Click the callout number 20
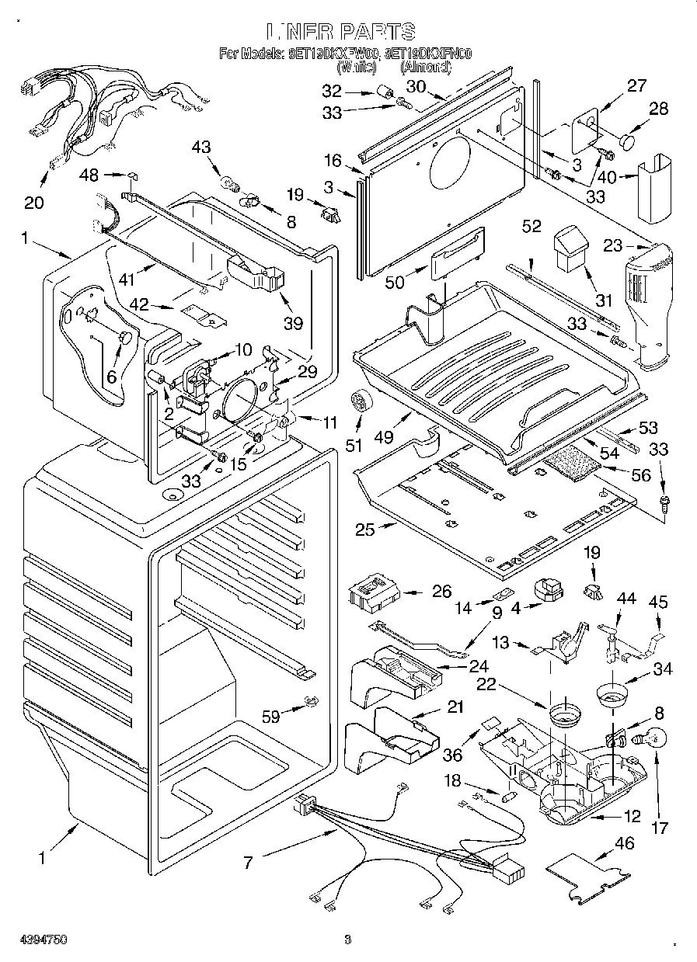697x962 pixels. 33,202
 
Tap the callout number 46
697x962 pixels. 624,843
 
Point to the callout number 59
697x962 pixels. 270,717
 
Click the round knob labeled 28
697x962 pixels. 628,142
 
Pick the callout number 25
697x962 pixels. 364,530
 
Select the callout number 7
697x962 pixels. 249,861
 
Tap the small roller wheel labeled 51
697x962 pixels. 359,401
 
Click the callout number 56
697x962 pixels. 641,474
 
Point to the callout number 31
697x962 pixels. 602,300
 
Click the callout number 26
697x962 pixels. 441,592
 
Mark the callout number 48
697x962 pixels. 89,175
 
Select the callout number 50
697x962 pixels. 396,282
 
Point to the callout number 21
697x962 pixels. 455,707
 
